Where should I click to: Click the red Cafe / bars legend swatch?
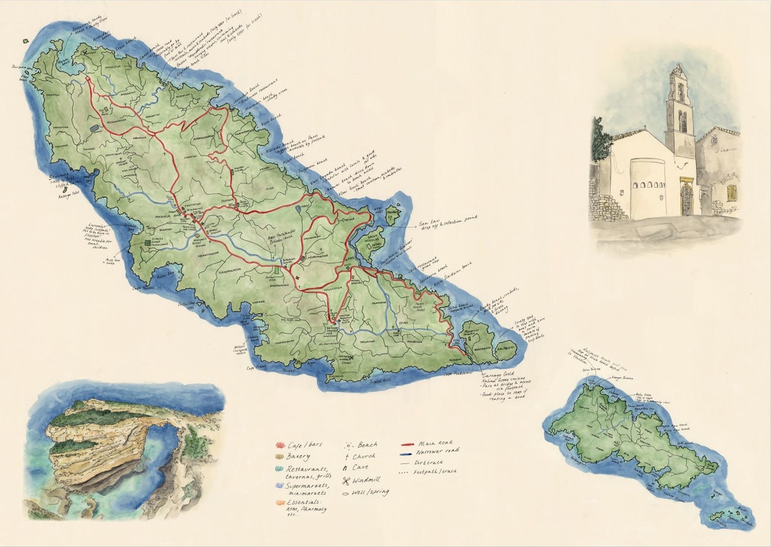[x=280, y=444]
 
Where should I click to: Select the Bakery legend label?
[x=301, y=456]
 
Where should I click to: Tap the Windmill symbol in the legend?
[x=347, y=480]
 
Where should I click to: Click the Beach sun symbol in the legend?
[x=348, y=444]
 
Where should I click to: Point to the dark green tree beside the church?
[x=600, y=143]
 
